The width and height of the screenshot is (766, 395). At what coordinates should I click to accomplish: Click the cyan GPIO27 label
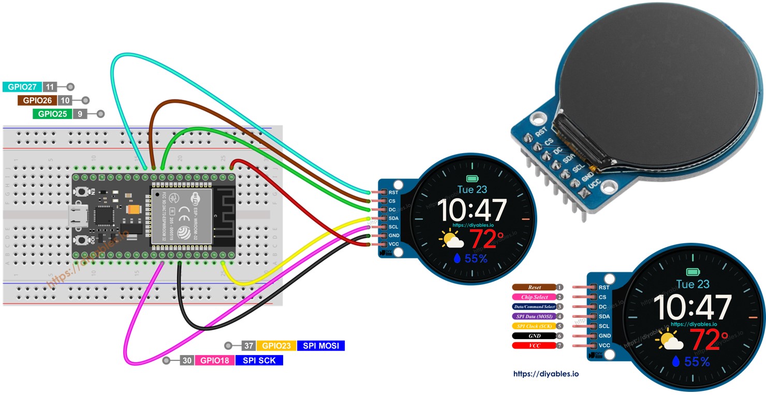pyautogui.click(x=22, y=87)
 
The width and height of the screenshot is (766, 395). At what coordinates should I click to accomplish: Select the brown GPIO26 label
pyautogui.click(x=37, y=100)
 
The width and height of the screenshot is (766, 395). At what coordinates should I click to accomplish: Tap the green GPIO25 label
pyautogui.click(x=52, y=114)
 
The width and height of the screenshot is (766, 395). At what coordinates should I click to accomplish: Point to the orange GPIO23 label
pyautogui.click(x=276, y=346)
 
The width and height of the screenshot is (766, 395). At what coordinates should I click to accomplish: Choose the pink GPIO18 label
pyautogui.click(x=214, y=360)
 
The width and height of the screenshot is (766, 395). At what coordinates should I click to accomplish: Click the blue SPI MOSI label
pyautogui.click(x=321, y=346)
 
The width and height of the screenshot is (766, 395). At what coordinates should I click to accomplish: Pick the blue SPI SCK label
pyautogui.click(x=259, y=360)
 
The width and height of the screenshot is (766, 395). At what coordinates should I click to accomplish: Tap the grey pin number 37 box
pyautogui.click(x=249, y=346)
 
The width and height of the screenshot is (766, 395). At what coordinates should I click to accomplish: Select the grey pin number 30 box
pyautogui.click(x=187, y=360)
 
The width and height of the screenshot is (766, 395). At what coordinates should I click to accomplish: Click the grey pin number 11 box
pyautogui.click(x=50, y=87)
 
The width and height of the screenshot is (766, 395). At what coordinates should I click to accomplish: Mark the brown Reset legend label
pyautogui.click(x=534, y=287)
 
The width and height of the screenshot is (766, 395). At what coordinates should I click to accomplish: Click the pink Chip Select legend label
pyautogui.click(x=534, y=297)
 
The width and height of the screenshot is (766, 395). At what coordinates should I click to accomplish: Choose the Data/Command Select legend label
pyautogui.click(x=534, y=307)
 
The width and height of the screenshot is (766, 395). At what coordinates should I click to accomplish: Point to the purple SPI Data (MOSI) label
pyautogui.click(x=534, y=316)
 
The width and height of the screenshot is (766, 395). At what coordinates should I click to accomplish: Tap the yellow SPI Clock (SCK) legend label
pyautogui.click(x=534, y=326)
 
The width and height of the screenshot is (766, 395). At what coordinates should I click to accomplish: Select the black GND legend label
pyautogui.click(x=534, y=336)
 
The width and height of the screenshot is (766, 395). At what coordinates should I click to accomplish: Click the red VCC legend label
pyautogui.click(x=534, y=345)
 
